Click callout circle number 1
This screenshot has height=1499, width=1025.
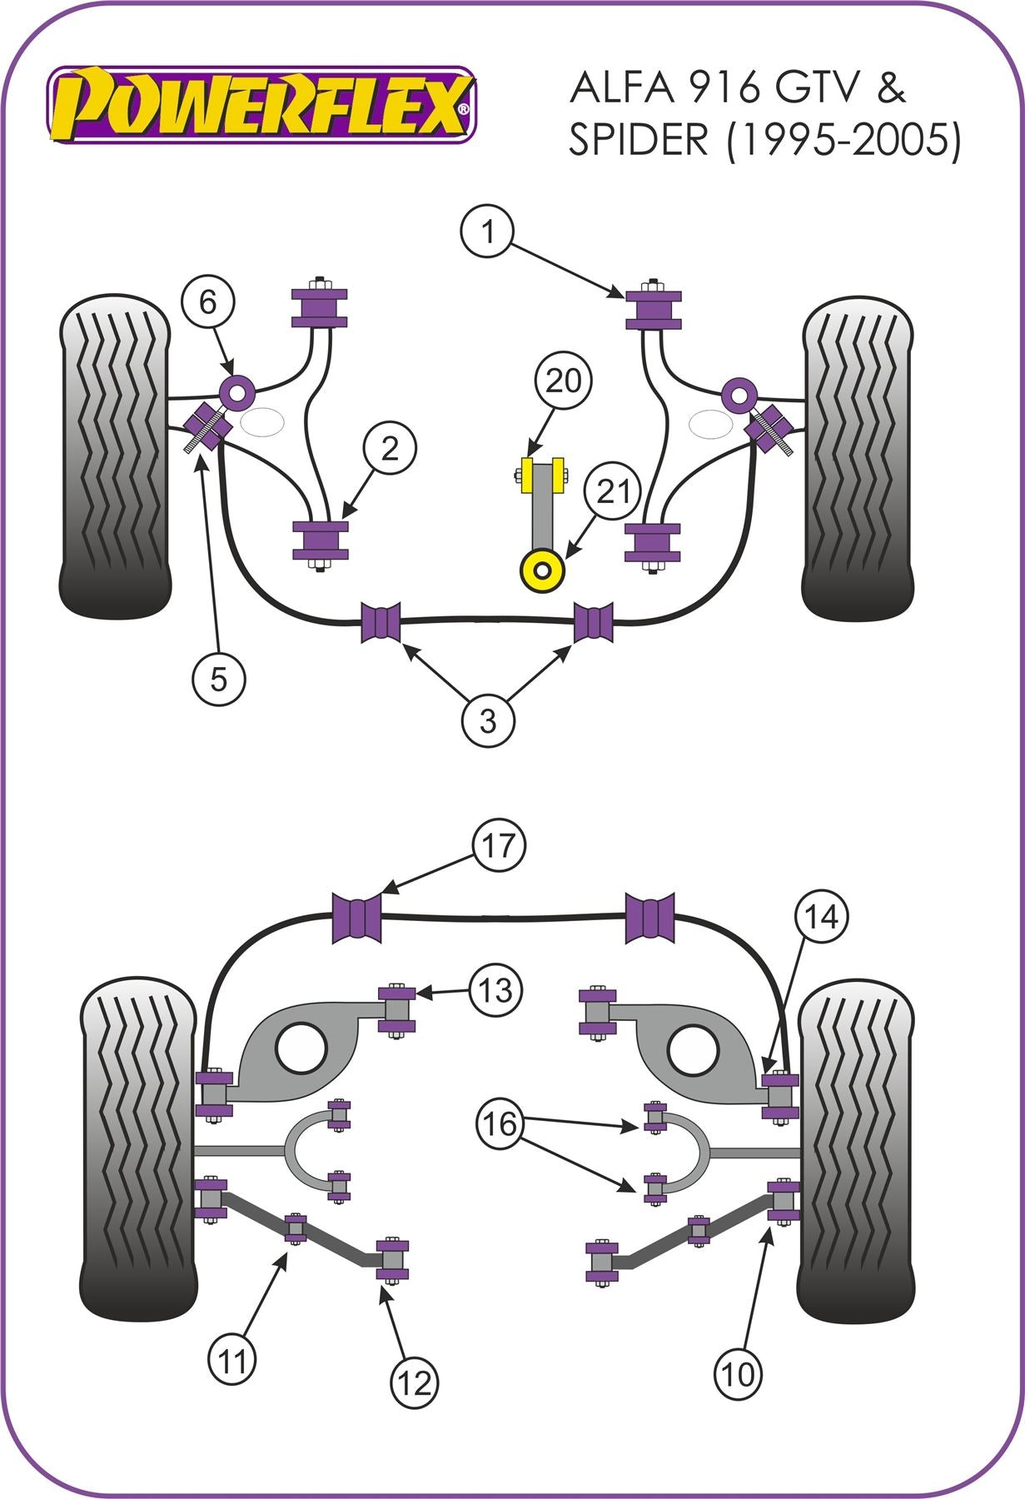pos(487,231)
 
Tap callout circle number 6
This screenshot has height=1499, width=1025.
pos(206,301)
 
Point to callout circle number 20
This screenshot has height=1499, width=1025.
pos(563,381)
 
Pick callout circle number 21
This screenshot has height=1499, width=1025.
pos(613,492)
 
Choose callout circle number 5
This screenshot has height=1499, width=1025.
pos(218,679)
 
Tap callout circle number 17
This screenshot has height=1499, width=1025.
pos(499,845)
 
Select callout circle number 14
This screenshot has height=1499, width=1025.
pos(820,917)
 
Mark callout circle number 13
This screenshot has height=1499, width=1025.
pos(495,991)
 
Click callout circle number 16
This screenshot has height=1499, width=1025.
pos(500,1124)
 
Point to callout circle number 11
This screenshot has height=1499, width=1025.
pos(232,1362)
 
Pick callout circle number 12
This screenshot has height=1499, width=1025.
pos(414,1383)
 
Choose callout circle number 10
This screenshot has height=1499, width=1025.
pos(738,1373)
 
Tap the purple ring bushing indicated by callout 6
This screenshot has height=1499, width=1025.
pos(236,391)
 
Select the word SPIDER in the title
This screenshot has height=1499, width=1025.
pos(638,139)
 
